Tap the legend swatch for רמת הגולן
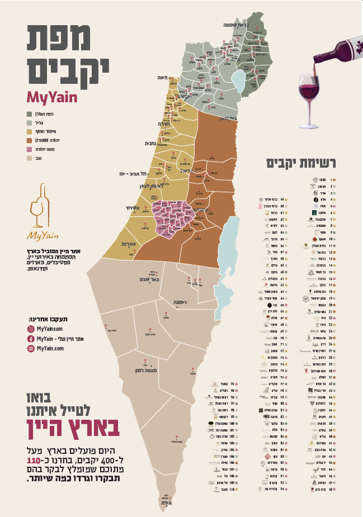[x=29, y=114]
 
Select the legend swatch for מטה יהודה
[x=29, y=149]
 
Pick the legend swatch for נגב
[x=29, y=158]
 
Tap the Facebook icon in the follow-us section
[x=31, y=339]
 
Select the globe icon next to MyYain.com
[x=31, y=348]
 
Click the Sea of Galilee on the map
[x=238, y=81]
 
